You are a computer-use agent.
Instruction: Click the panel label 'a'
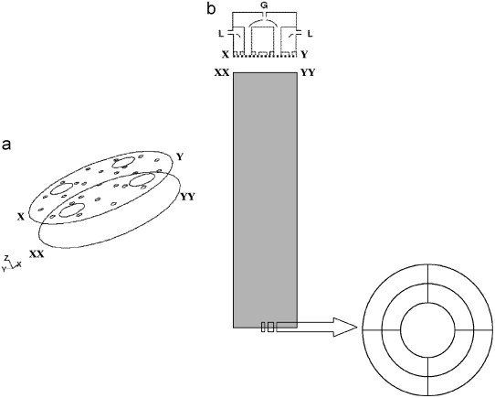point(6,145)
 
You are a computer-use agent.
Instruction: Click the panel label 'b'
point(212,8)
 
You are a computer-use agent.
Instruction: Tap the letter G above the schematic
point(265,5)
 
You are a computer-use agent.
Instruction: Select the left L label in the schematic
point(220,33)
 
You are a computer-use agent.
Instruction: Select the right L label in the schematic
point(310,33)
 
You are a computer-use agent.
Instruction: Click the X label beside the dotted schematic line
point(226,55)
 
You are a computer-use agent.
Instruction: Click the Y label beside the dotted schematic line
point(304,55)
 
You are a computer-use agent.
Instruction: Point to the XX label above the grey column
point(222,73)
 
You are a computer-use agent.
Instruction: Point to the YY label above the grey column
point(308,73)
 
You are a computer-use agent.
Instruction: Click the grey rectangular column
point(265,200)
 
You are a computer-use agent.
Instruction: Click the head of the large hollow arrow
point(345,328)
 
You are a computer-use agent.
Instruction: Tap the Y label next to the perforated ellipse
point(180,157)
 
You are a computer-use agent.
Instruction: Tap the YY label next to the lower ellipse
point(187,197)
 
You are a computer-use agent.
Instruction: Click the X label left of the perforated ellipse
point(21,217)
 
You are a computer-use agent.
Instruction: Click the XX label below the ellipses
point(37,254)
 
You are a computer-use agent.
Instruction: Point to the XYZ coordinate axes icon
point(11,263)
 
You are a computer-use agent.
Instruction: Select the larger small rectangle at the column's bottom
point(270,328)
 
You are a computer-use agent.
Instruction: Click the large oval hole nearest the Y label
point(124,162)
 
